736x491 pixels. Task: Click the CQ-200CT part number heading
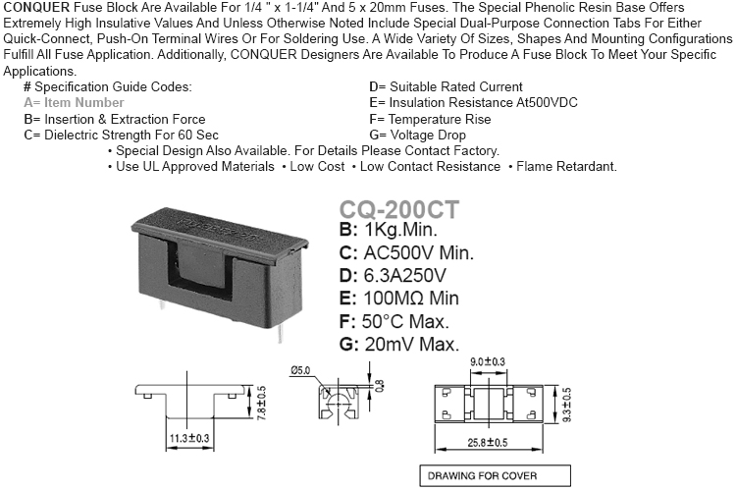pyautogui.click(x=399, y=209)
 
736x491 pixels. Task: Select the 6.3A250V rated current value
pyautogui.click(x=405, y=276)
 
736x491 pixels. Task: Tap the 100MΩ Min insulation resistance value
pyautogui.click(x=411, y=299)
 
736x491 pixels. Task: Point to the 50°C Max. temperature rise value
pyautogui.click(x=405, y=322)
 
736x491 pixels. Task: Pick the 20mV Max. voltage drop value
pyautogui.click(x=411, y=345)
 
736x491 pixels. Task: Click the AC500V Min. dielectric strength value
pyautogui.click(x=419, y=253)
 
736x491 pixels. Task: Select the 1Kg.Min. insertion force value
pyautogui.click(x=400, y=230)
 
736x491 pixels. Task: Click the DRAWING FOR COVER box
pyautogui.click(x=496, y=476)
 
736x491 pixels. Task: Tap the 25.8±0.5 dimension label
pyautogui.click(x=487, y=443)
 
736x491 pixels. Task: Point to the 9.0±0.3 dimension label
pyautogui.click(x=488, y=361)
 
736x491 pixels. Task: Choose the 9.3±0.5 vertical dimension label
pyautogui.click(x=566, y=405)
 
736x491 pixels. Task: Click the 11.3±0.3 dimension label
pyautogui.click(x=189, y=438)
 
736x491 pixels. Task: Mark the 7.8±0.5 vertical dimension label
pyautogui.click(x=262, y=403)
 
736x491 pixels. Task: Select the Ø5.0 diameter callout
pyautogui.click(x=300, y=370)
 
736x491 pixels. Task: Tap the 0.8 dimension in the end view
pyautogui.click(x=379, y=387)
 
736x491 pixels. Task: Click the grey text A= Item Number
pyautogui.click(x=74, y=102)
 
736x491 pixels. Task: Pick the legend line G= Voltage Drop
pyautogui.click(x=417, y=135)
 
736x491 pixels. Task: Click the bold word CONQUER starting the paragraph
pyautogui.click(x=36, y=8)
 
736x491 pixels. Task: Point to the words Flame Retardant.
pyautogui.click(x=566, y=166)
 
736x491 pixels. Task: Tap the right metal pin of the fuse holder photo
pyautogui.click(x=280, y=334)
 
